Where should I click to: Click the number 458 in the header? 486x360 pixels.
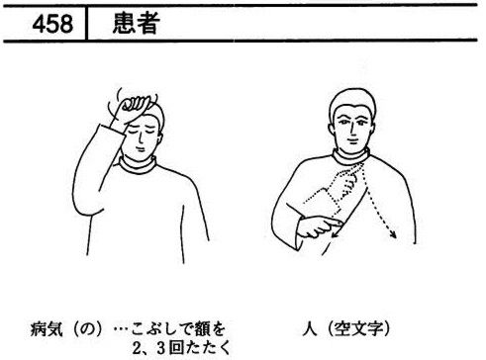click(x=52, y=24)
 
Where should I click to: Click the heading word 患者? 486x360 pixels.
click(x=137, y=23)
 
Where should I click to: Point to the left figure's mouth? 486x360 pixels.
click(x=142, y=149)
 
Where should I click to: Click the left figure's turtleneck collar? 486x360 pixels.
click(x=138, y=165)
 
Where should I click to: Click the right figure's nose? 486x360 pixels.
click(x=352, y=131)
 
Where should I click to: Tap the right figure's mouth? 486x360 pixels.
click(x=352, y=140)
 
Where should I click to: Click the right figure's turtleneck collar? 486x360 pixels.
click(x=351, y=158)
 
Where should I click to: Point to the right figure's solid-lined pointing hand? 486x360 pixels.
click(x=319, y=226)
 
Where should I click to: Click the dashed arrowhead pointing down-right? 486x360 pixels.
click(x=393, y=233)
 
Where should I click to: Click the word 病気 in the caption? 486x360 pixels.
click(x=47, y=329)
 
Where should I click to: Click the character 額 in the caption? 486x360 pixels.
click(x=203, y=329)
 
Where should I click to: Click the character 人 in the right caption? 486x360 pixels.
click(x=310, y=328)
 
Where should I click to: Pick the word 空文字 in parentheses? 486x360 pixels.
click(x=359, y=328)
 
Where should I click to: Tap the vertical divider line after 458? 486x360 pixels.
click(x=86, y=24)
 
